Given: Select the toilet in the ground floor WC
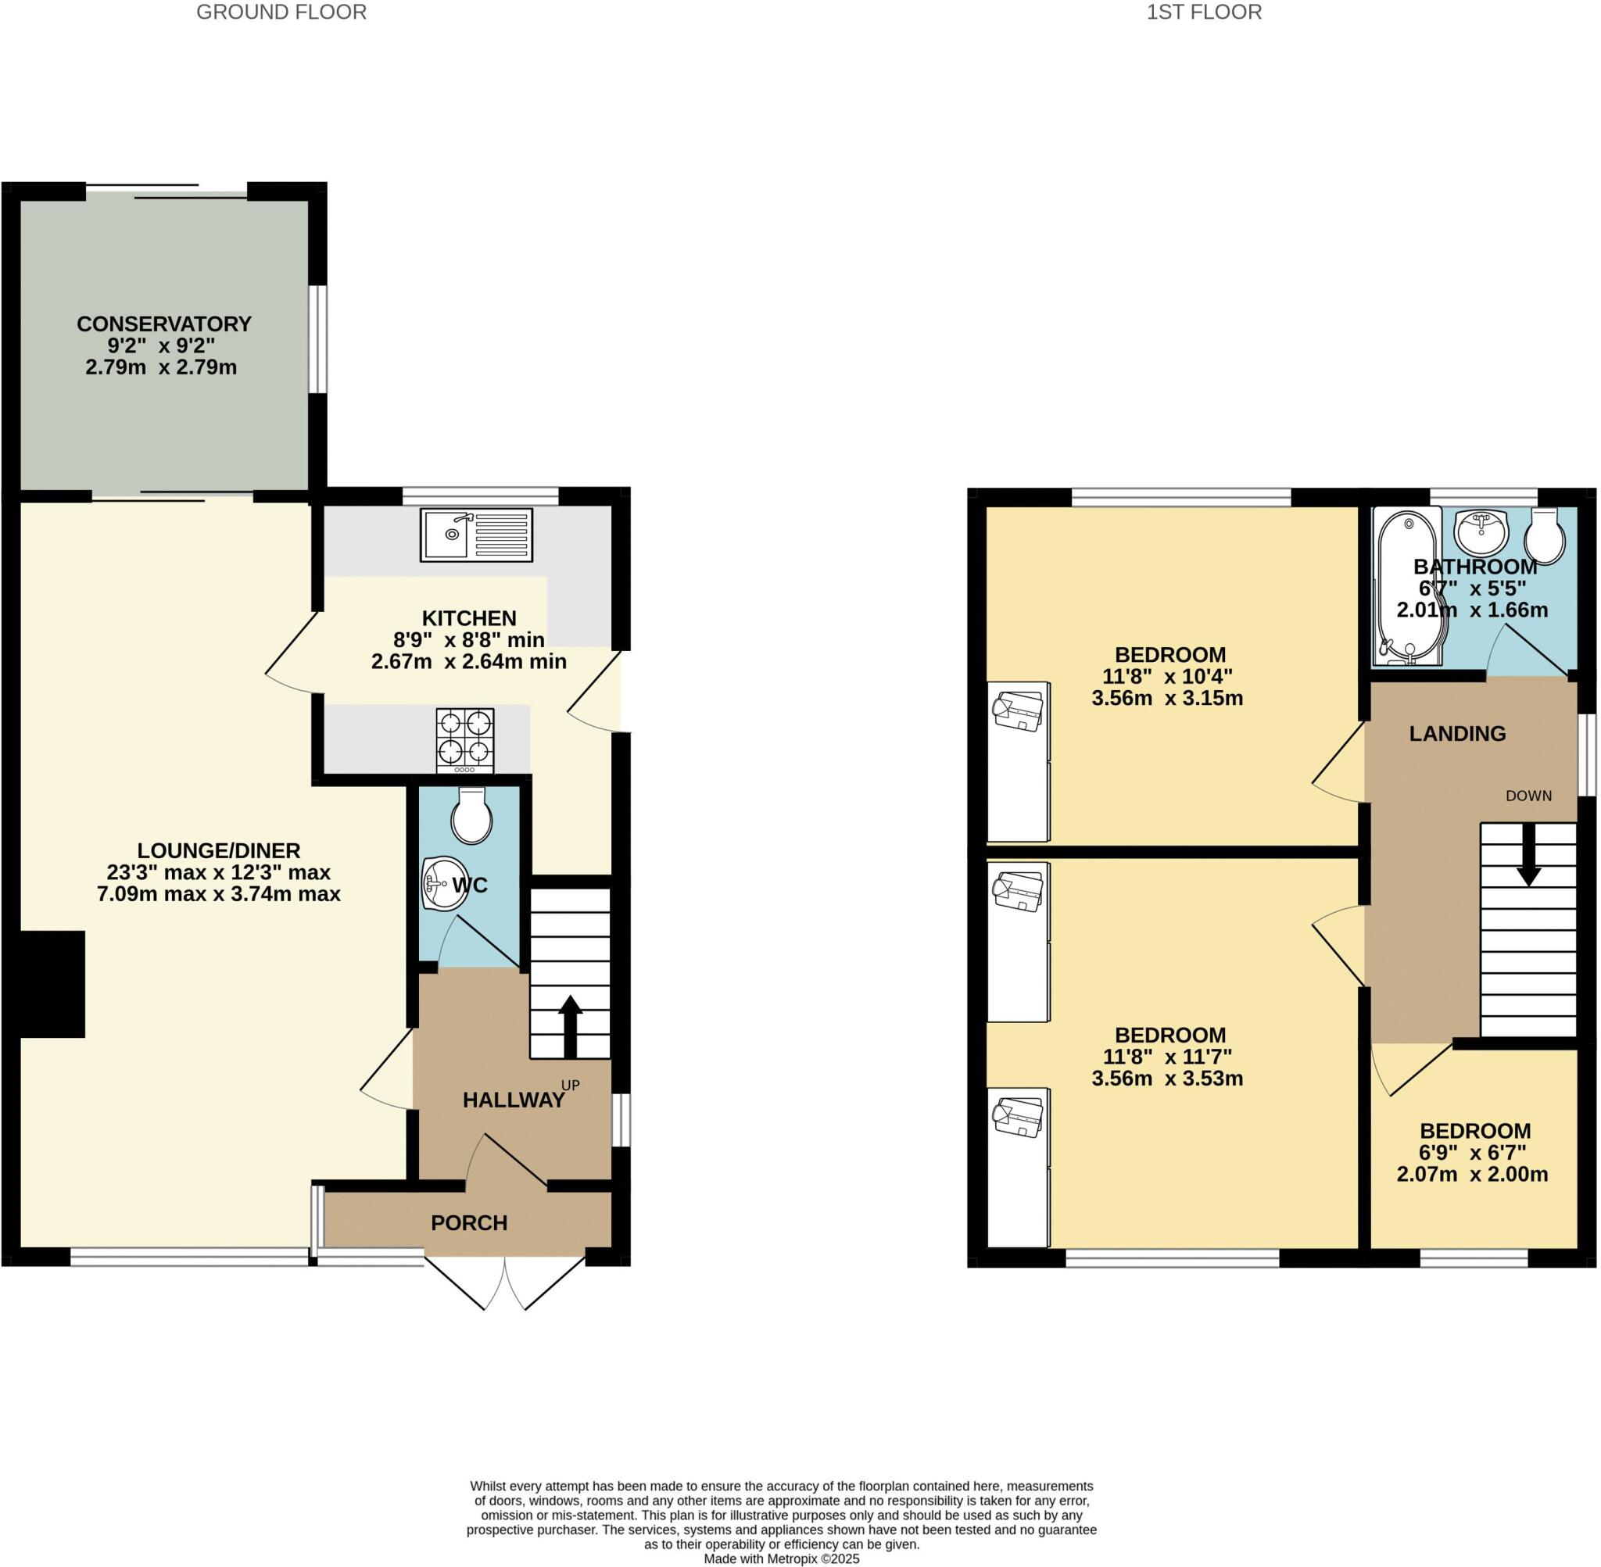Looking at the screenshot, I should (x=471, y=816).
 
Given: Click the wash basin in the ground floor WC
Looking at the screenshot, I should (x=442, y=884).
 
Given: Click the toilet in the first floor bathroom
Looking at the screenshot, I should (x=1544, y=536).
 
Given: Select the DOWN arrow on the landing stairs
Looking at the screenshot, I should (x=1528, y=856).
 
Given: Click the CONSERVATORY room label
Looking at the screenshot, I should (x=164, y=324).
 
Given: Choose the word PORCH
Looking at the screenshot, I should (x=469, y=1223).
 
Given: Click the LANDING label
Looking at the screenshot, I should (x=1457, y=733).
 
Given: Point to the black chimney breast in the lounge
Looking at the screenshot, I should (x=52, y=983).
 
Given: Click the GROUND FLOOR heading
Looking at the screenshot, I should (x=281, y=12).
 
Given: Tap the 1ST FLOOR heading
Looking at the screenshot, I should (x=1203, y=12).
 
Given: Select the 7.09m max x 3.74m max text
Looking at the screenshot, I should (x=218, y=894).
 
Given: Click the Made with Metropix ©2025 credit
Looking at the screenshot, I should (x=781, y=1558).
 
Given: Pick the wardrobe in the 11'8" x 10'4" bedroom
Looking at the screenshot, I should (x=1019, y=761).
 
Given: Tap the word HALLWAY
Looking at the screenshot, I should (x=513, y=1100).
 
